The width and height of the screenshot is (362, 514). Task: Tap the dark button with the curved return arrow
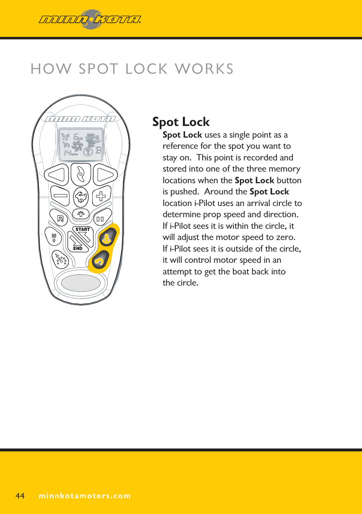pyautogui.click(x=99, y=261)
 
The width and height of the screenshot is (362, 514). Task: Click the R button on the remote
pyautogui.click(x=60, y=218)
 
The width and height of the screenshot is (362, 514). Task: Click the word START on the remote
pyautogui.click(x=82, y=229)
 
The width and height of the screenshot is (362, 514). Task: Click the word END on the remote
pyautogui.click(x=77, y=248)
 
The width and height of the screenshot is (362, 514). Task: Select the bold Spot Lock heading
pyautogui.click(x=181, y=122)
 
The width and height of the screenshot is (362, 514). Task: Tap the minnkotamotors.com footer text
pyautogui.click(x=84, y=496)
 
